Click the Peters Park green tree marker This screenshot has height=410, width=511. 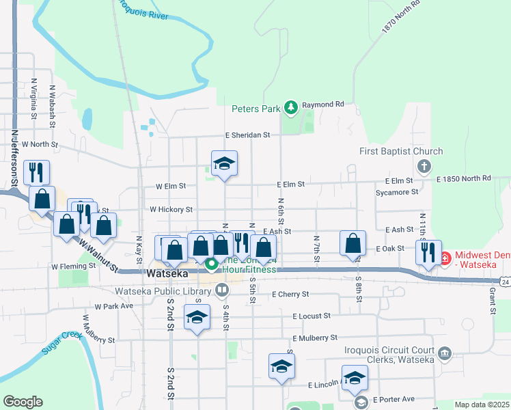tap(291, 107)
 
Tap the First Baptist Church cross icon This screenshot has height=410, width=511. tap(424, 166)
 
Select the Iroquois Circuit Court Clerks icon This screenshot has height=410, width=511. tap(445, 353)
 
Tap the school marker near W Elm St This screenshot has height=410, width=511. tap(224, 165)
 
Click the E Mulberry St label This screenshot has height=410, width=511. tap(315, 338)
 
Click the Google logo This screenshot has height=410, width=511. tap(23, 402)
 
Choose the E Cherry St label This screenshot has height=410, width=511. tap(290, 295)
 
